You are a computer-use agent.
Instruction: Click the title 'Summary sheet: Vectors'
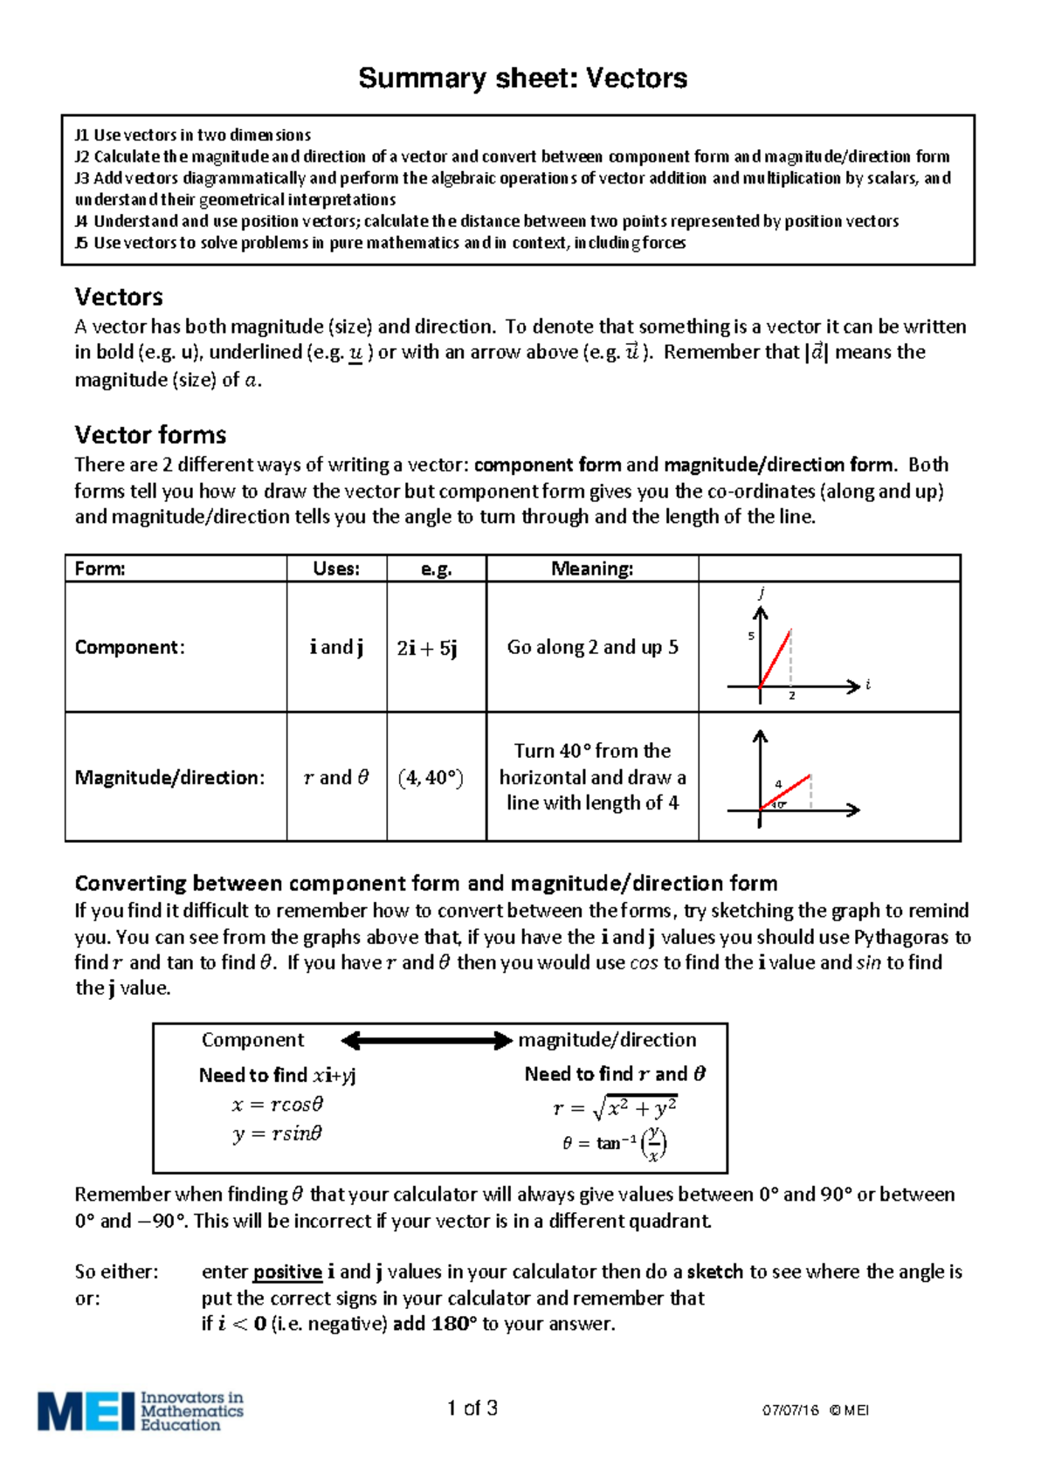(522, 79)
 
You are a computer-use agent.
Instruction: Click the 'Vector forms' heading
(150, 435)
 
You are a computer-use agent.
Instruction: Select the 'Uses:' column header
(336, 568)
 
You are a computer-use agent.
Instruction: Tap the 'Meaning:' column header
(592, 568)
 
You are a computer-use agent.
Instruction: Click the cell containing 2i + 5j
(427, 648)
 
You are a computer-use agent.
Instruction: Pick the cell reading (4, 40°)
(431, 778)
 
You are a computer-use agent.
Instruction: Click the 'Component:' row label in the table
(129, 648)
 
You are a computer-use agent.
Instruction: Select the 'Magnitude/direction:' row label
(169, 778)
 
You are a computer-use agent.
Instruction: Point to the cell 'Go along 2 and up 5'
(592, 648)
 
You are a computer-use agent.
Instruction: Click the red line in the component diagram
(776, 658)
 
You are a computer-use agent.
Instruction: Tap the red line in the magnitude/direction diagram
(786, 791)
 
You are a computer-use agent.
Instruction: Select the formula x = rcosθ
(278, 1105)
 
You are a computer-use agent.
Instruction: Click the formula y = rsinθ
(278, 1133)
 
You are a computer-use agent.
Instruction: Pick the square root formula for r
(615, 1108)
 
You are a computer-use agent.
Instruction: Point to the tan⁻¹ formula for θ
(615, 1143)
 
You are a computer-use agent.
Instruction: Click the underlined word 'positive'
(287, 1272)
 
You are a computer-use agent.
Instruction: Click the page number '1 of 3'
(472, 1408)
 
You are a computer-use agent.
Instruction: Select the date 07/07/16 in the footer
(789, 1410)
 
